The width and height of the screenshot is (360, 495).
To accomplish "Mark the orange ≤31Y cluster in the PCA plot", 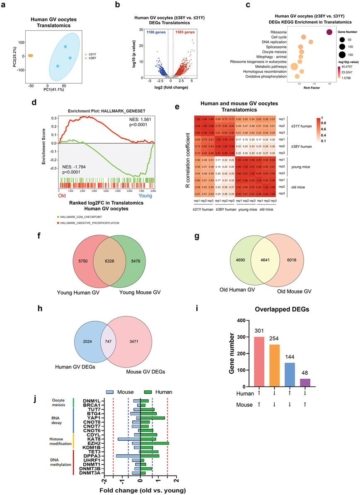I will pos(31,55).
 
